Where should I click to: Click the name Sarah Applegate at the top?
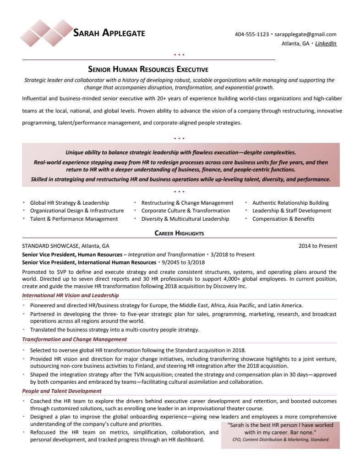pyautogui.click(x=109, y=33)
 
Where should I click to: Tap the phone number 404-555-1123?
pyautogui.click(x=251, y=34)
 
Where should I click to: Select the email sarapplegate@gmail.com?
pyautogui.click(x=305, y=34)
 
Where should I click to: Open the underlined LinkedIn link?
pyautogui.click(x=326, y=44)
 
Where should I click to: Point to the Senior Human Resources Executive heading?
pyautogui.click(x=148, y=70)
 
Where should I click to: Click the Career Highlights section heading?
pyautogui.click(x=179, y=233)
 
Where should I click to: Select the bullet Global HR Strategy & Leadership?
pyautogui.click(x=70, y=203)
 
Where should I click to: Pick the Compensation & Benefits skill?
pyautogui.click(x=283, y=219)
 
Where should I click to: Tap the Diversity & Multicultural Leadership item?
pyautogui.click(x=185, y=219)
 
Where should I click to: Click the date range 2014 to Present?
pyautogui.click(x=318, y=246)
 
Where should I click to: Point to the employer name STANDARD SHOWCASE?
pyautogui.click(x=51, y=246)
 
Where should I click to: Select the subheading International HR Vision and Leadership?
pyautogui.click(x=70, y=295)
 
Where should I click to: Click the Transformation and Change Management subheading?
pyautogui.click(x=74, y=339)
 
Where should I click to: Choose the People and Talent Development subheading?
pyautogui.click(x=62, y=391)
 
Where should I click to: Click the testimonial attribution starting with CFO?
pyautogui.click(x=280, y=440)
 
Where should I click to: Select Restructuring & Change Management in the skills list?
pyautogui.click(x=187, y=203)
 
